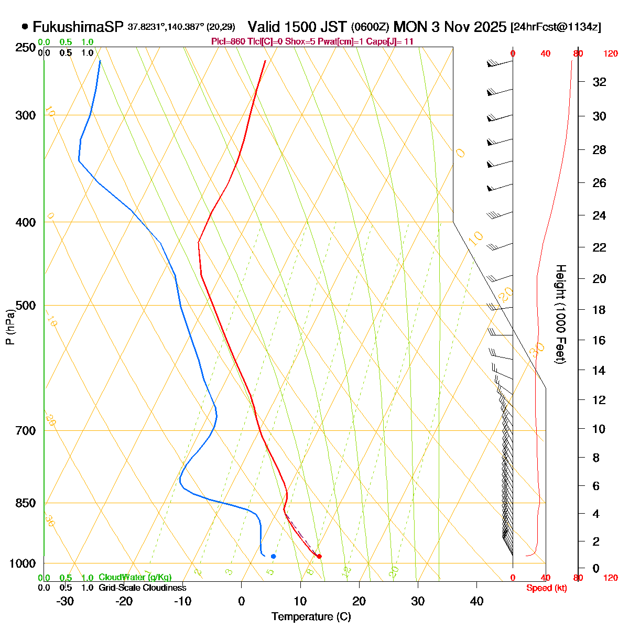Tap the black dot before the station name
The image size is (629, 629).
[x=25, y=26]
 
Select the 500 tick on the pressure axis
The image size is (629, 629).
[x=26, y=305]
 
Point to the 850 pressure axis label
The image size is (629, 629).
[x=26, y=503]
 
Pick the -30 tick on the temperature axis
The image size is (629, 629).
[x=65, y=601]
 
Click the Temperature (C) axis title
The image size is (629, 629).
[x=311, y=617]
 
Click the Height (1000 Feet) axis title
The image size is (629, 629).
[x=560, y=314]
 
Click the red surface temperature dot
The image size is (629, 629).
[x=319, y=556]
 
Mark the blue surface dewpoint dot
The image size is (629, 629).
[x=273, y=556]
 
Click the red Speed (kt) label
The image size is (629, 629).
[x=547, y=588]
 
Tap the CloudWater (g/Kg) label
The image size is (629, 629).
[x=135, y=578]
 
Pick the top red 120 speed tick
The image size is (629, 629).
[x=611, y=53]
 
